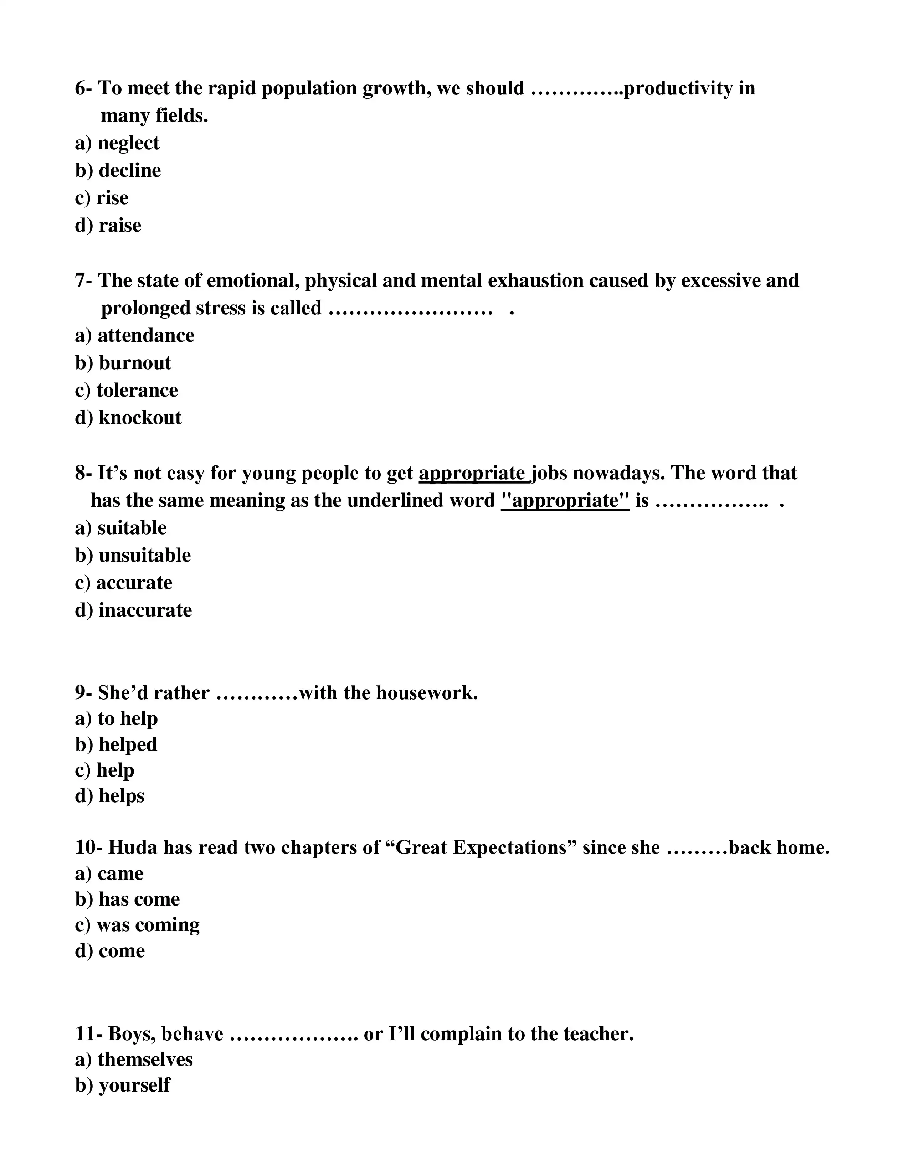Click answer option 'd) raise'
coord(108,225)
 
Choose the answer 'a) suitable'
coord(120,528)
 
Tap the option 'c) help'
coord(104,770)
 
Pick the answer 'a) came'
coord(109,873)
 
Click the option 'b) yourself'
coord(123,1085)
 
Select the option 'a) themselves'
coord(134,1059)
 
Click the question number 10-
coord(88,847)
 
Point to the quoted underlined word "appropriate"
coord(565,501)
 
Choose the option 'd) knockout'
coord(128,418)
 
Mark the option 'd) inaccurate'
coord(134,610)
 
